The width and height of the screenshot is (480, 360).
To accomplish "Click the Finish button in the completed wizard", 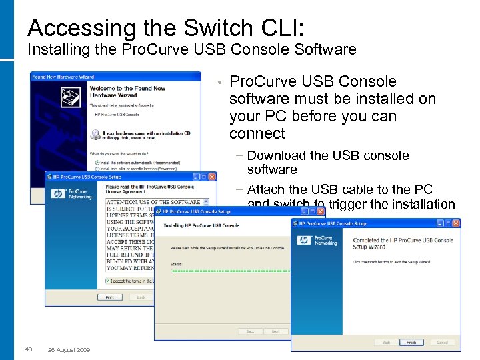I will (x=411, y=343).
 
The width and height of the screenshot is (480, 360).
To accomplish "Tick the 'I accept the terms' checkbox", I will (x=107, y=281).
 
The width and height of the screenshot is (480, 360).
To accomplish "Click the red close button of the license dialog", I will (x=212, y=177).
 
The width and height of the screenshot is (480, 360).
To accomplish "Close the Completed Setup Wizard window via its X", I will (x=457, y=223).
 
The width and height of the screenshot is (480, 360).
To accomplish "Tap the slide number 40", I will (x=29, y=349).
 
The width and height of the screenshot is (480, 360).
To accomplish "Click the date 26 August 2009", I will (x=69, y=350).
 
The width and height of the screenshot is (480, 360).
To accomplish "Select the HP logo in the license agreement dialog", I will (x=57, y=195).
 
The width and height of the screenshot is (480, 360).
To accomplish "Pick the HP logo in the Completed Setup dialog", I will (x=304, y=240).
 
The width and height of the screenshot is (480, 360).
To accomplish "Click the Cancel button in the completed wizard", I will (x=442, y=343).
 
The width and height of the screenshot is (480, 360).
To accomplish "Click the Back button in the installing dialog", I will (x=250, y=331).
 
